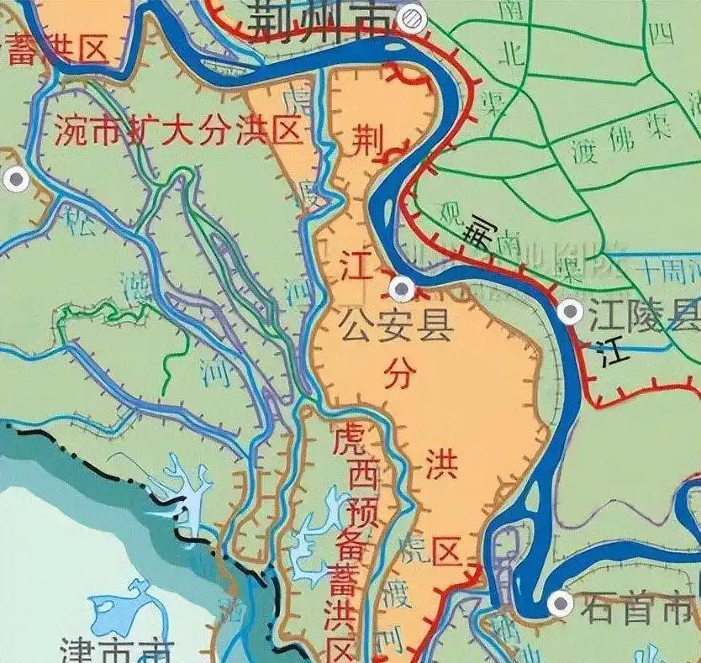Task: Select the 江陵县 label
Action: coord(644,317)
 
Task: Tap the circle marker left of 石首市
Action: coord(559,603)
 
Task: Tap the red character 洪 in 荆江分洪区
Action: coord(437,462)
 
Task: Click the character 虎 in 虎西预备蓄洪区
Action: coord(348,439)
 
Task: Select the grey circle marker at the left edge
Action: coord(14,178)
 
